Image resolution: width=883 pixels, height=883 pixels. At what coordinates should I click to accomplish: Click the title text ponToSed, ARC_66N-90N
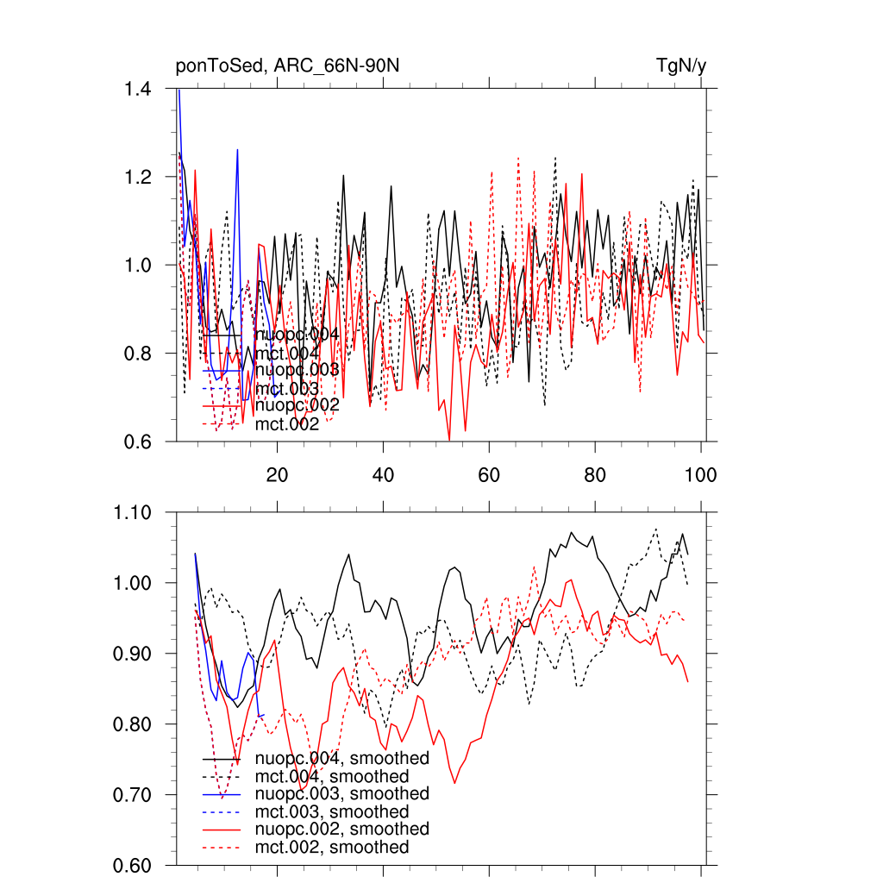tap(287, 66)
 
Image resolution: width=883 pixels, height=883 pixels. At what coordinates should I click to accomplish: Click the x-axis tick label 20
tap(277, 474)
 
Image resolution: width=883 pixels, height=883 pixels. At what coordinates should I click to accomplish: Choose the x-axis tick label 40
tap(383, 474)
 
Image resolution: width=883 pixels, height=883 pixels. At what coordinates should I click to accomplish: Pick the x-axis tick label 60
tap(489, 474)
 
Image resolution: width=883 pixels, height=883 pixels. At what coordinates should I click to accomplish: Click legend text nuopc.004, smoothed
tap(341, 759)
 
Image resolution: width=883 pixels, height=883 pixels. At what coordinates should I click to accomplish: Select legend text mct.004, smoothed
tap(332, 777)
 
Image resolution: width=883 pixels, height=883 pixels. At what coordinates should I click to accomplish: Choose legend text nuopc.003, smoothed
tap(341, 794)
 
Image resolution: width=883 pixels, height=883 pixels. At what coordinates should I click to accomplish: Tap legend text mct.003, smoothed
tap(332, 812)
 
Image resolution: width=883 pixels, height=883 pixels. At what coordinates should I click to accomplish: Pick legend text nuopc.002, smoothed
tap(341, 830)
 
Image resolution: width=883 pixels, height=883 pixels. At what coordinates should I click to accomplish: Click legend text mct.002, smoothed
tap(332, 848)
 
